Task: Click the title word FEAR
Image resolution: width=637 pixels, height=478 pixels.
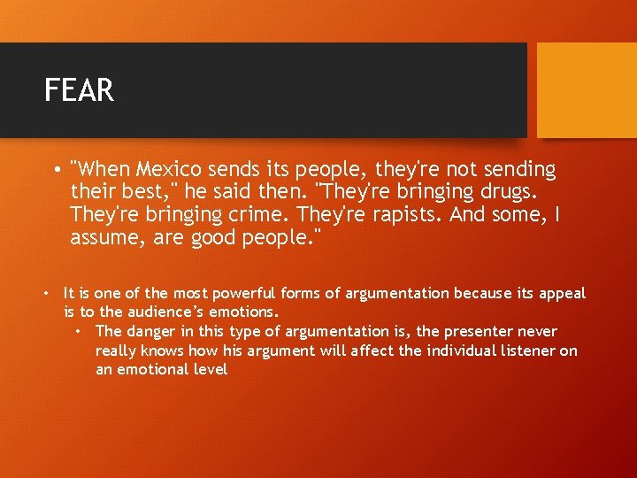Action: (79, 90)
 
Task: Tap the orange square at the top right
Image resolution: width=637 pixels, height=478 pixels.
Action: (587, 90)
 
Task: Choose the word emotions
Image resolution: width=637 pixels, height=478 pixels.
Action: (243, 312)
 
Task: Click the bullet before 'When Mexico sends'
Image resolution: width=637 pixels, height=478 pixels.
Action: (56, 169)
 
